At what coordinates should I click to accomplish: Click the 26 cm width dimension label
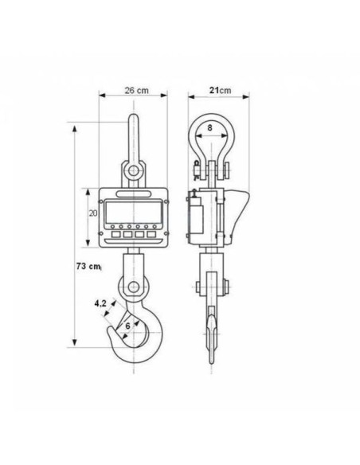pos(136,90)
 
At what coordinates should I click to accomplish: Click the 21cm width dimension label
pos(220,90)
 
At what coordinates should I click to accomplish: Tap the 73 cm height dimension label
pos(88,266)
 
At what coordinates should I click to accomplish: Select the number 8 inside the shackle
pos(210,128)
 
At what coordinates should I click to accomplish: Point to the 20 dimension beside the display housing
pos(93,213)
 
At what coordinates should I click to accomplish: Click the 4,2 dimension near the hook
pos(100,303)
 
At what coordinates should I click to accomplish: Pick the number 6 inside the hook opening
pos(127,326)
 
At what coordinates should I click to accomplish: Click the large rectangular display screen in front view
pos(134,212)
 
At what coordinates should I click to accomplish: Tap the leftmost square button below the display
pos(116,234)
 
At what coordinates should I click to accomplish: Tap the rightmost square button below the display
pos(151,234)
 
